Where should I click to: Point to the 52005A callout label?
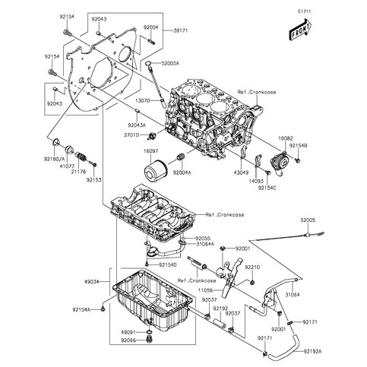coord(169,64)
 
